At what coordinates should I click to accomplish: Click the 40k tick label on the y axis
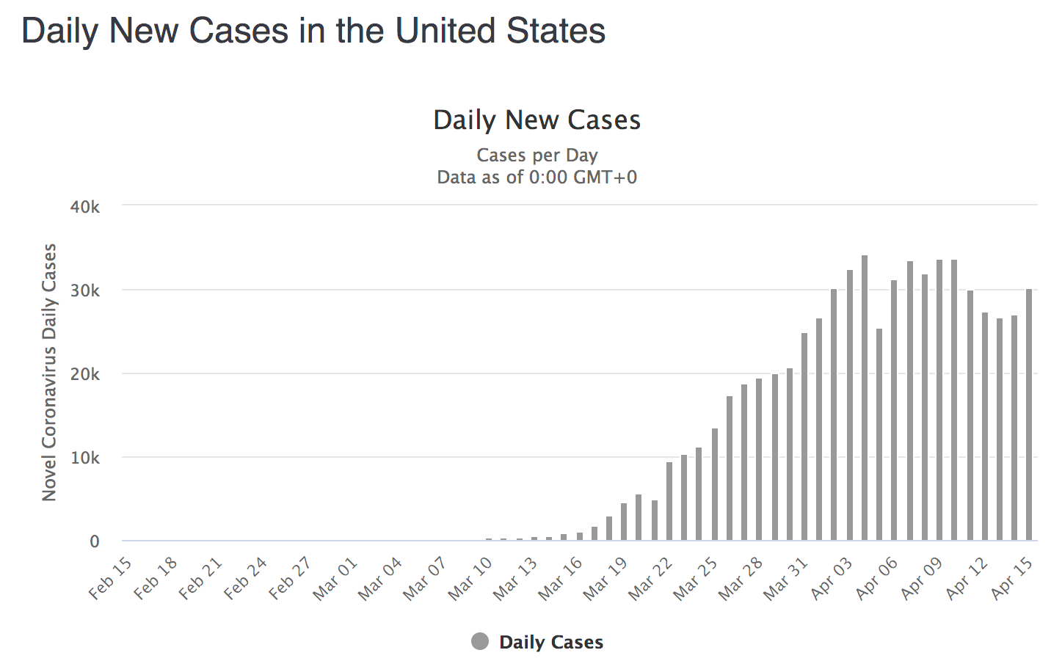[85, 207]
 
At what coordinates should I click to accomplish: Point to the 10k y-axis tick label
[85, 458]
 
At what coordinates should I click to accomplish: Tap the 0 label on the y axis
[95, 542]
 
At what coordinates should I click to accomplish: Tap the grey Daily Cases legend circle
[480, 642]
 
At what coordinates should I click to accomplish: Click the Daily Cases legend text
[551, 643]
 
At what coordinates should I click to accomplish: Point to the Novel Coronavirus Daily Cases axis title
[49, 373]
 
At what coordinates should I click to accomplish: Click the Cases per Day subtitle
[537, 156]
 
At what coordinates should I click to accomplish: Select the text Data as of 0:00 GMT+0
[537, 178]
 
